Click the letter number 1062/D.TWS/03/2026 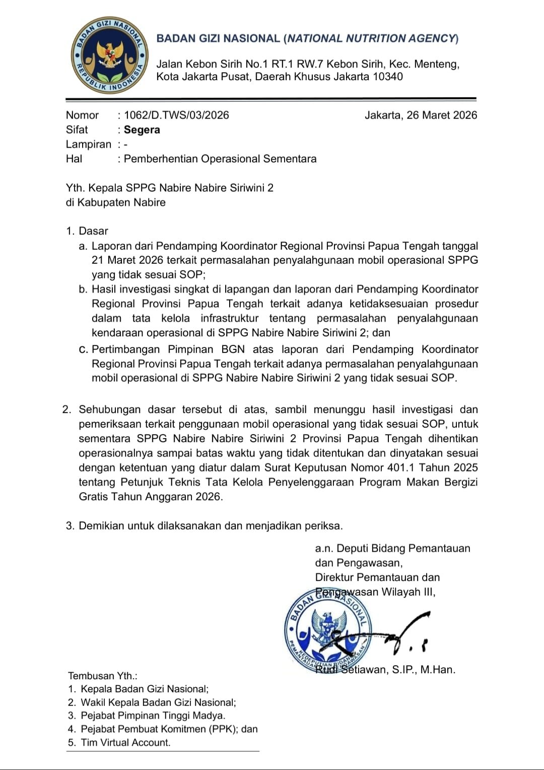176,115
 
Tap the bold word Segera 142,130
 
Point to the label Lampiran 88,144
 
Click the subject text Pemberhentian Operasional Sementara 220,159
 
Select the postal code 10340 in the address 387,77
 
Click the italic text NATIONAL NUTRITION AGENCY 372,38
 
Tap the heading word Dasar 94,231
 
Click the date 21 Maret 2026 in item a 127,260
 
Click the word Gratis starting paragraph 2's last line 93,496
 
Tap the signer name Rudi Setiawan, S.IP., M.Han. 385,670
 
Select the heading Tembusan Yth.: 103,676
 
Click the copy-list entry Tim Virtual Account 125,742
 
